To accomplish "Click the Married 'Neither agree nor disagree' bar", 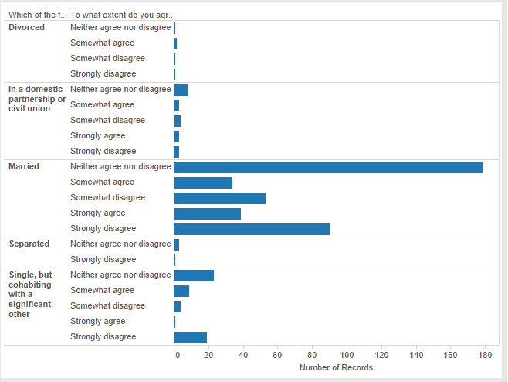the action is [x=329, y=168].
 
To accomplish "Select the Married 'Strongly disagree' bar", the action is [x=252, y=229].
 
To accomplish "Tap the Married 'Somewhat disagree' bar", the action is [x=220, y=198].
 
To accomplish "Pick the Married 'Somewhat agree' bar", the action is [x=204, y=182].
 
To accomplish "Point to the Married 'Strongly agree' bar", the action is [x=208, y=214].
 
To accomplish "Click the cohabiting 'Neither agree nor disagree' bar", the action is [x=194, y=275].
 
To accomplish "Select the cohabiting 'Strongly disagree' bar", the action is [x=191, y=337].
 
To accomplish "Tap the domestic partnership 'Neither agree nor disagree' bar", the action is [x=181, y=90].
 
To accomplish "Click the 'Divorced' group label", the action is [x=26, y=27].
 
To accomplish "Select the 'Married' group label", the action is [x=24, y=166].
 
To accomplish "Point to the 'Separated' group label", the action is [x=29, y=244].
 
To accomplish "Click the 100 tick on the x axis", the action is [x=347, y=355].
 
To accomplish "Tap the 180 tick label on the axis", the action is [x=485, y=355].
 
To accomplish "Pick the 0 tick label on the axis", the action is [x=178, y=355].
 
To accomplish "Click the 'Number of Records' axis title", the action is [x=337, y=367].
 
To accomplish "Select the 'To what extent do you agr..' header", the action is [x=121, y=15].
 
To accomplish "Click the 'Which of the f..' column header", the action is [x=36, y=15].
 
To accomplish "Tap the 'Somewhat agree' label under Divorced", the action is [x=103, y=43].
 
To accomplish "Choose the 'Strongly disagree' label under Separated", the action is [x=103, y=259].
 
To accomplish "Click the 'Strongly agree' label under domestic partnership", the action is [x=98, y=135].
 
